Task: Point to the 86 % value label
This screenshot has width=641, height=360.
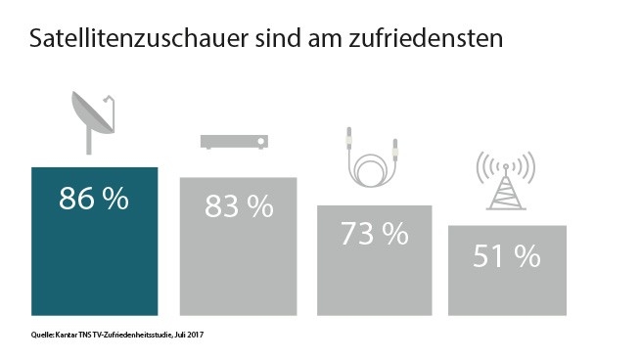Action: tap(95, 200)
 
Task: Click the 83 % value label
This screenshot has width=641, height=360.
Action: tap(238, 206)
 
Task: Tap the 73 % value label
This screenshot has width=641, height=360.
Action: tap(374, 234)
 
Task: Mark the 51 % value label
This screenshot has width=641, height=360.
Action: tap(506, 256)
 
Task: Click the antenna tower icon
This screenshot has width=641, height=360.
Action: tap(505, 181)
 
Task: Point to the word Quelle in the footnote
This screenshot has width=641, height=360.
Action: tap(43, 336)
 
